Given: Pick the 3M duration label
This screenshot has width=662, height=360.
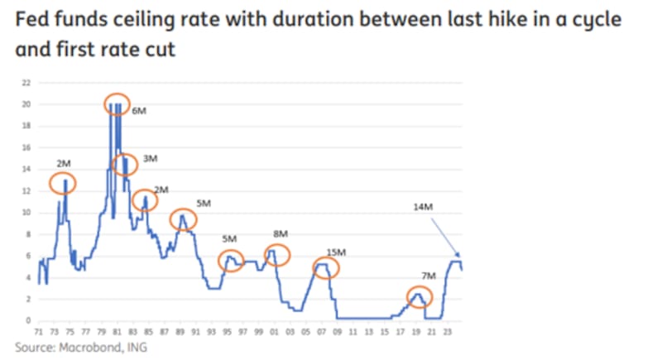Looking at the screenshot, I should pyautogui.click(x=150, y=157).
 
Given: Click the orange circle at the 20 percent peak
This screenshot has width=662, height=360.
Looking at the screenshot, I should pyautogui.click(x=118, y=104).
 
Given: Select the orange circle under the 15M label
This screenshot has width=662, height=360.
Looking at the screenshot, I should pyautogui.click(x=326, y=267).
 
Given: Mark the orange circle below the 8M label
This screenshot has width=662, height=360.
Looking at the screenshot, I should pyautogui.click(x=277, y=255).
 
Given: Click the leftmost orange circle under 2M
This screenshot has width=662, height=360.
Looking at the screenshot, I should pyautogui.click(x=63, y=182).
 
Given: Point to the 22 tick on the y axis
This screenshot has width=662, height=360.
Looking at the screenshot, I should pyautogui.click(x=27, y=83).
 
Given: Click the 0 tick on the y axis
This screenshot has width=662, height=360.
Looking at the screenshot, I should pyautogui.click(x=29, y=320).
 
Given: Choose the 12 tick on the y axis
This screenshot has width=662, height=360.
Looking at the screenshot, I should pyautogui.click(x=27, y=191).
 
